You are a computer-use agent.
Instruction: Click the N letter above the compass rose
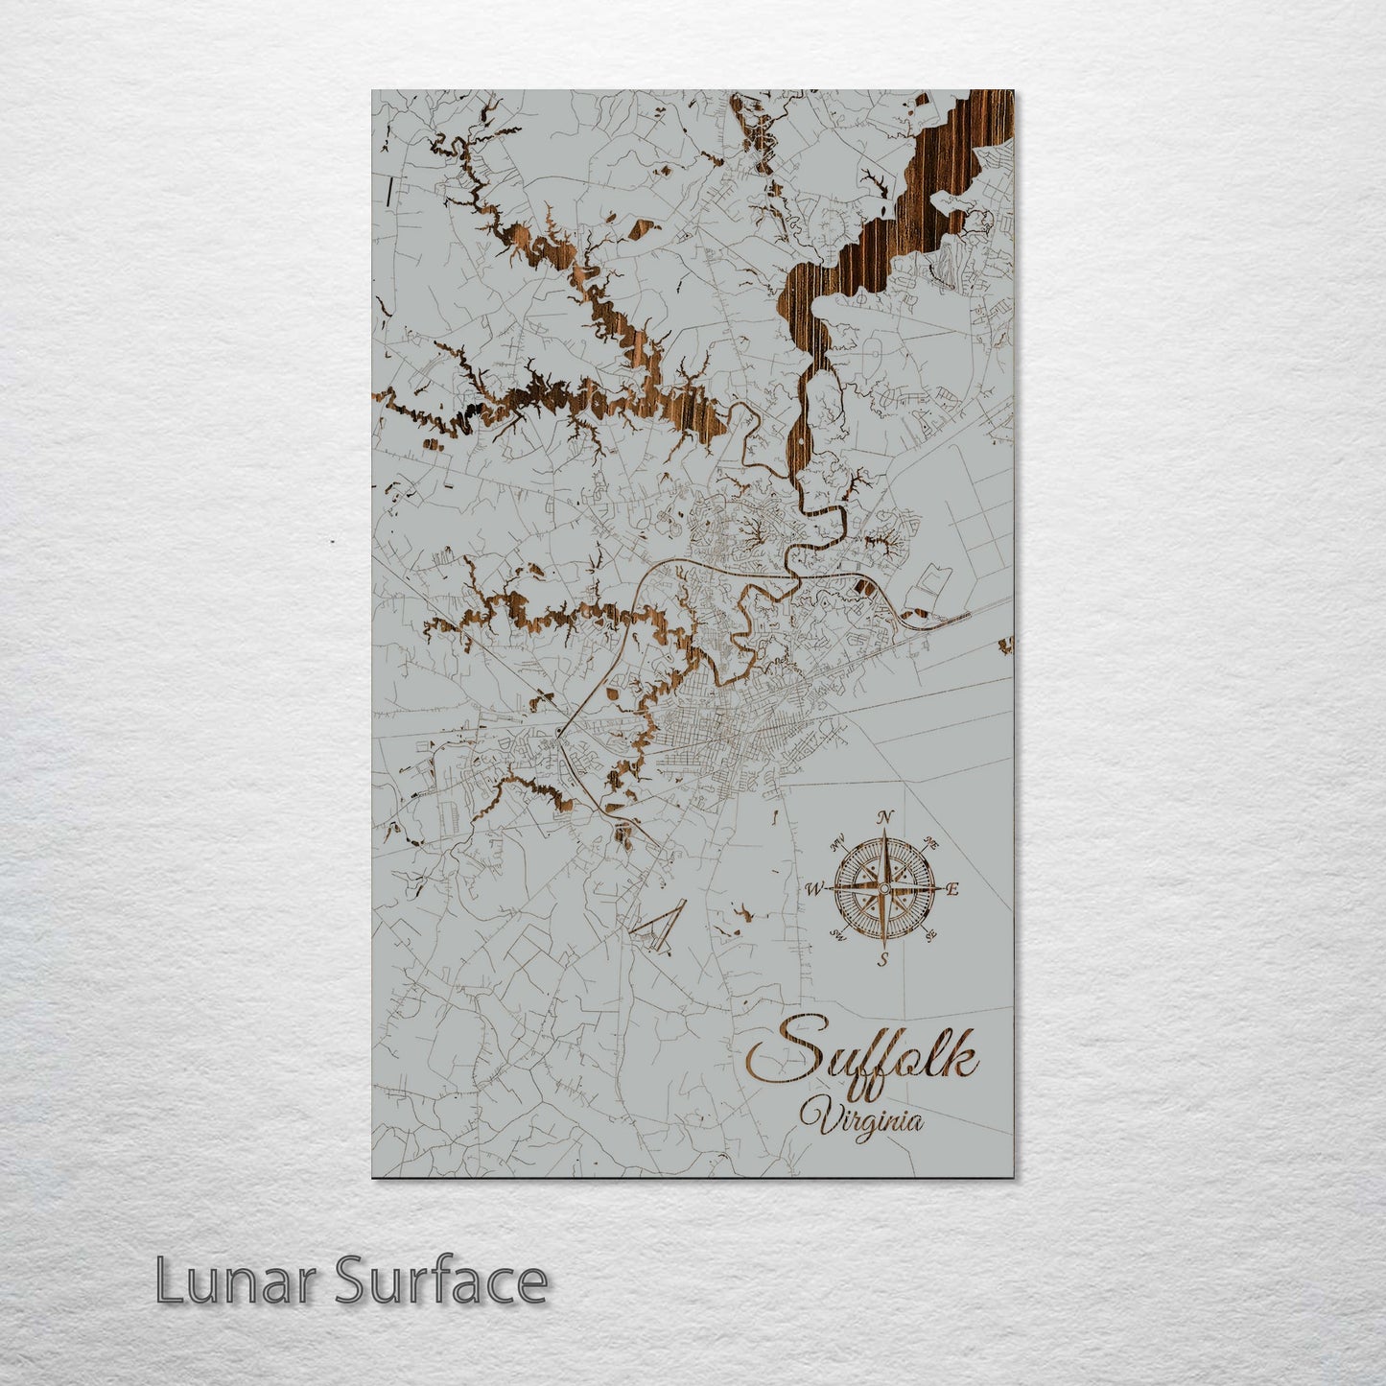pyautogui.click(x=886, y=817)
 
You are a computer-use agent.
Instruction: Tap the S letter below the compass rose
pyautogui.click(x=883, y=958)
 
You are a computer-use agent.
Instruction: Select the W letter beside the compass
pyautogui.click(x=814, y=889)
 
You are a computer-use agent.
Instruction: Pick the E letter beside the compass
pyautogui.click(x=952, y=888)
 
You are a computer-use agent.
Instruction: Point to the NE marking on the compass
pyautogui.click(x=930, y=844)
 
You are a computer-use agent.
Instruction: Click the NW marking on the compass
pyautogui.click(x=837, y=842)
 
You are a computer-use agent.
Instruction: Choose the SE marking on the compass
pyautogui.click(x=929, y=936)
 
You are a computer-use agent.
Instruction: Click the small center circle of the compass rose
pyautogui.click(x=883, y=889)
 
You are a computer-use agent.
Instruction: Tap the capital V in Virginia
pyautogui.click(x=816, y=1116)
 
